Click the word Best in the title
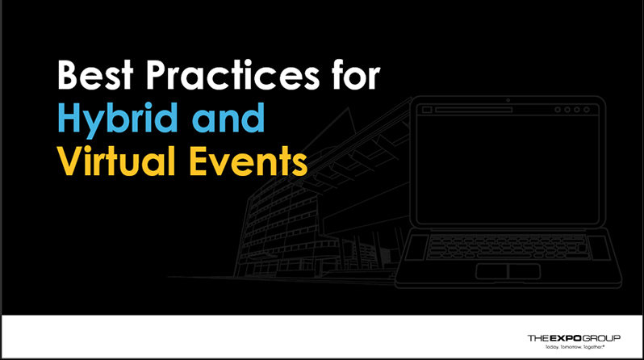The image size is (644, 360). [x=95, y=75]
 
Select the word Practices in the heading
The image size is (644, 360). [x=232, y=74]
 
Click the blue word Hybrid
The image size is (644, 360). [x=118, y=119]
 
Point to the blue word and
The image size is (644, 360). [x=228, y=118]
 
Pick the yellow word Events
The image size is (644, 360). [x=248, y=161]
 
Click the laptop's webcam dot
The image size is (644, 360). [x=508, y=100]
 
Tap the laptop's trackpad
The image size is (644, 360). [x=508, y=272]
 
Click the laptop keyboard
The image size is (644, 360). [x=508, y=247]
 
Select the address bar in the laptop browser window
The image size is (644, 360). [x=474, y=110]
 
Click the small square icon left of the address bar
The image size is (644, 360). [x=427, y=110]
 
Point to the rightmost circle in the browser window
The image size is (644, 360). [x=587, y=110]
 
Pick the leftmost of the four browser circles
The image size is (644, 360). [x=558, y=110]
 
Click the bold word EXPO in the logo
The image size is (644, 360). [x=566, y=338]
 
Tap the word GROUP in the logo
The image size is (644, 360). [x=601, y=338]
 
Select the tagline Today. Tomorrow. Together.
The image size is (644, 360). [x=575, y=347]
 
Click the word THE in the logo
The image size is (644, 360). [x=538, y=338]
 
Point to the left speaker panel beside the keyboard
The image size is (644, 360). [x=417, y=247]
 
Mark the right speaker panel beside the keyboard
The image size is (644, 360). [x=599, y=247]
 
